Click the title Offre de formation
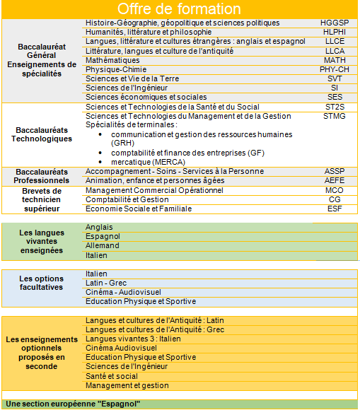click(179, 9)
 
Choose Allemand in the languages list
click(103, 245)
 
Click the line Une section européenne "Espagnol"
click(74, 404)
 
